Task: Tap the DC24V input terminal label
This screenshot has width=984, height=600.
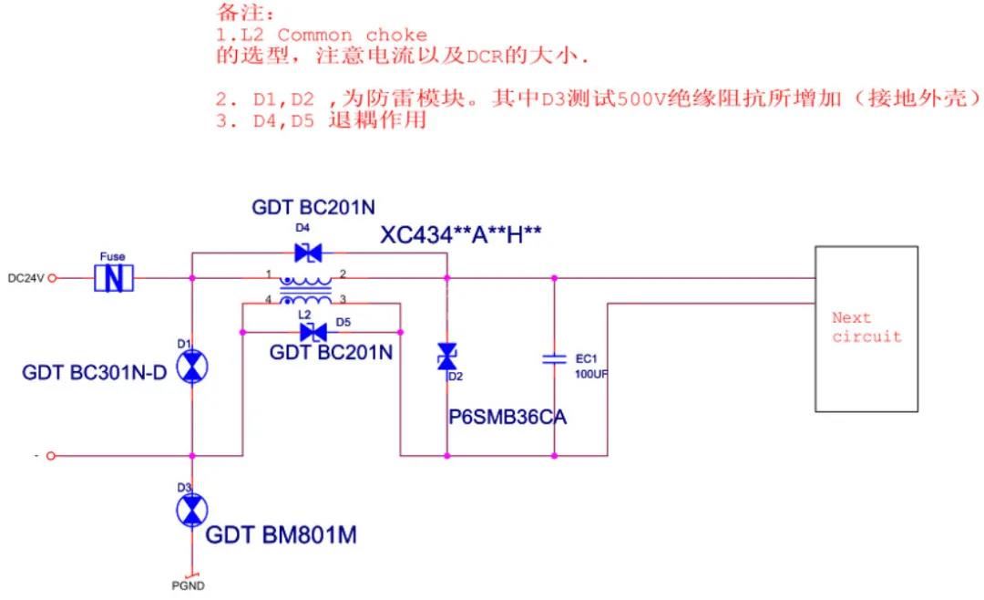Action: [x=26, y=278]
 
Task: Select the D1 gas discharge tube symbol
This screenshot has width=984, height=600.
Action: [x=191, y=367]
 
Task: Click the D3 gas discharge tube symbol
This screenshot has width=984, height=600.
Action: [x=191, y=512]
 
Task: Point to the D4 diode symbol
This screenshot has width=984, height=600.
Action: [x=309, y=253]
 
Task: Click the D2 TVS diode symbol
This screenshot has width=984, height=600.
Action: [x=447, y=357]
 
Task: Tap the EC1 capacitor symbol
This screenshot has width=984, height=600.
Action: [x=554, y=359]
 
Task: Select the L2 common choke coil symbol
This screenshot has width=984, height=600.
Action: [x=306, y=290]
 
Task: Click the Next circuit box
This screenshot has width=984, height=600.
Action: [x=866, y=328]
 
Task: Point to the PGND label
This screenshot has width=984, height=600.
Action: [x=188, y=585]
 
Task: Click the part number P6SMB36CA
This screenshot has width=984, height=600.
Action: [x=507, y=417]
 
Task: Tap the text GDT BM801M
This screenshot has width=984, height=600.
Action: [x=281, y=535]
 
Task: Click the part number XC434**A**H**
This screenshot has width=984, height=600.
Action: [x=461, y=235]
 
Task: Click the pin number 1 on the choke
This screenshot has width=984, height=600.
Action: [x=269, y=274]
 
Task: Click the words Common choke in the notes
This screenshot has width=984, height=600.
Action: [x=352, y=35]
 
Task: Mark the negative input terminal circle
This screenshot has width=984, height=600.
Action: [x=51, y=455]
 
